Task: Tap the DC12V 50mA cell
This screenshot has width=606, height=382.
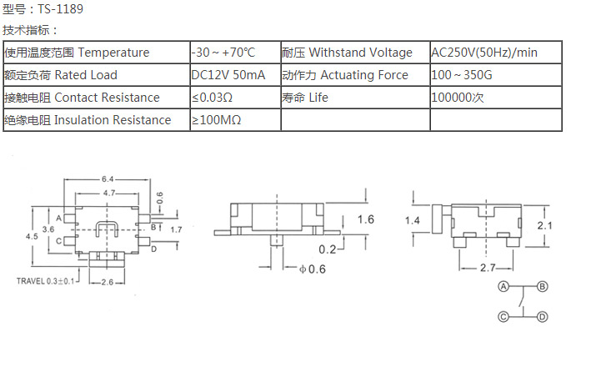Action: [x=228, y=75]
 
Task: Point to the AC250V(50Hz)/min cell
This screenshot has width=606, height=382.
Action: [x=484, y=53]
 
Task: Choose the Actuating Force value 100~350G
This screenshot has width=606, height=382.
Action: [x=461, y=75]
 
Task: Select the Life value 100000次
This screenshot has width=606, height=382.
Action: [x=458, y=98]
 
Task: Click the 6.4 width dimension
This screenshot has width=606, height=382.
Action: [x=108, y=179]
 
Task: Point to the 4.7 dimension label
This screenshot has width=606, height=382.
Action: [x=108, y=194]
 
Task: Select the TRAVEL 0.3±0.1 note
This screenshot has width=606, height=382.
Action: [x=48, y=281]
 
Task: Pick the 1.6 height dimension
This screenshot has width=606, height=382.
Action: [x=365, y=219]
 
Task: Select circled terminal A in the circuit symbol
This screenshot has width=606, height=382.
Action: [x=503, y=286]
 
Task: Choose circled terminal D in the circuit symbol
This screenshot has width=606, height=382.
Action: [x=542, y=317]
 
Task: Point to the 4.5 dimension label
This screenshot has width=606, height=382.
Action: [x=33, y=236]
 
